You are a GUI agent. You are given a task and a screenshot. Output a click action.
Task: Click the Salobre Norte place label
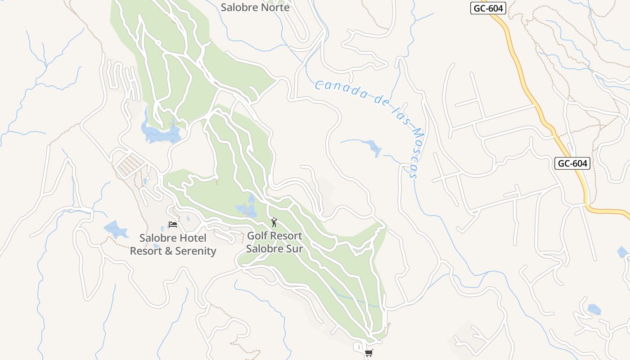pyautogui.click(x=255, y=8)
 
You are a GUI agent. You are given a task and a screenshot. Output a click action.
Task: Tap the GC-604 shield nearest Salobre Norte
pyautogui.click(x=488, y=8)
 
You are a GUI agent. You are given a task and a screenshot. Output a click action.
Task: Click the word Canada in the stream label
pyautogui.click(x=338, y=89)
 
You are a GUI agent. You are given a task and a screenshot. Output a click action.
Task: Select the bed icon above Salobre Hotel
pyautogui.click(x=173, y=224)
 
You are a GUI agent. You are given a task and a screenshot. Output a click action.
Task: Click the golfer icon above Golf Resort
pyautogui.click(x=274, y=222)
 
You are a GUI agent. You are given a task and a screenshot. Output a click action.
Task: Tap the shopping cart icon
pyautogui.click(x=369, y=353)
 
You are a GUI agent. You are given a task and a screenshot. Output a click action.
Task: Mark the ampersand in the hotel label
pyautogui.click(x=169, y=251)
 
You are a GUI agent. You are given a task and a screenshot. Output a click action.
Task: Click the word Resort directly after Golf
pyautogui.click(x=287, y=236)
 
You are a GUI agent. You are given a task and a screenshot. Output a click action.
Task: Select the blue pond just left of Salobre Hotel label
pyautogui.click(x=117, y=229)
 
